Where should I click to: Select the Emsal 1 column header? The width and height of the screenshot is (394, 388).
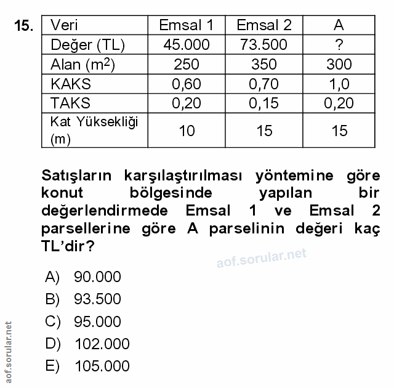point(186,25)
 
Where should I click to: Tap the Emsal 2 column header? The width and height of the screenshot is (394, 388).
point(264,25)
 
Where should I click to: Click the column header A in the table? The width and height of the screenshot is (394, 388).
point(339,25)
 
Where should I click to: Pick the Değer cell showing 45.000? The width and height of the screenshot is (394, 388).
point(186,44)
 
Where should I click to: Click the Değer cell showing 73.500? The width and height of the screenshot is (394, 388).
point(264,44)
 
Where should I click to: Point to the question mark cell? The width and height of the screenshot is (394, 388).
point(339,44)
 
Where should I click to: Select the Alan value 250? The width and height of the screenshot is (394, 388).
point(186,64)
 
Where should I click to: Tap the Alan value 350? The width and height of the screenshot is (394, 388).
point(264,64)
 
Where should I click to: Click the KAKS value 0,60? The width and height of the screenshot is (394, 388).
point(186,83)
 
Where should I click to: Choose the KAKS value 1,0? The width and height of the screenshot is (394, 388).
point(339,83)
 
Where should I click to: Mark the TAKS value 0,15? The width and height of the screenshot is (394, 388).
point(264,103)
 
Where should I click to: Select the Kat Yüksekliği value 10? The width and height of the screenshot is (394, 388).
point(186,130)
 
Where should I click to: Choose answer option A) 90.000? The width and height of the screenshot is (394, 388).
point(83,277)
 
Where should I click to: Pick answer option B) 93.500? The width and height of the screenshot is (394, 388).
point(83,299)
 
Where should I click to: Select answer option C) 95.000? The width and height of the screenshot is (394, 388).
point(83,321)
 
